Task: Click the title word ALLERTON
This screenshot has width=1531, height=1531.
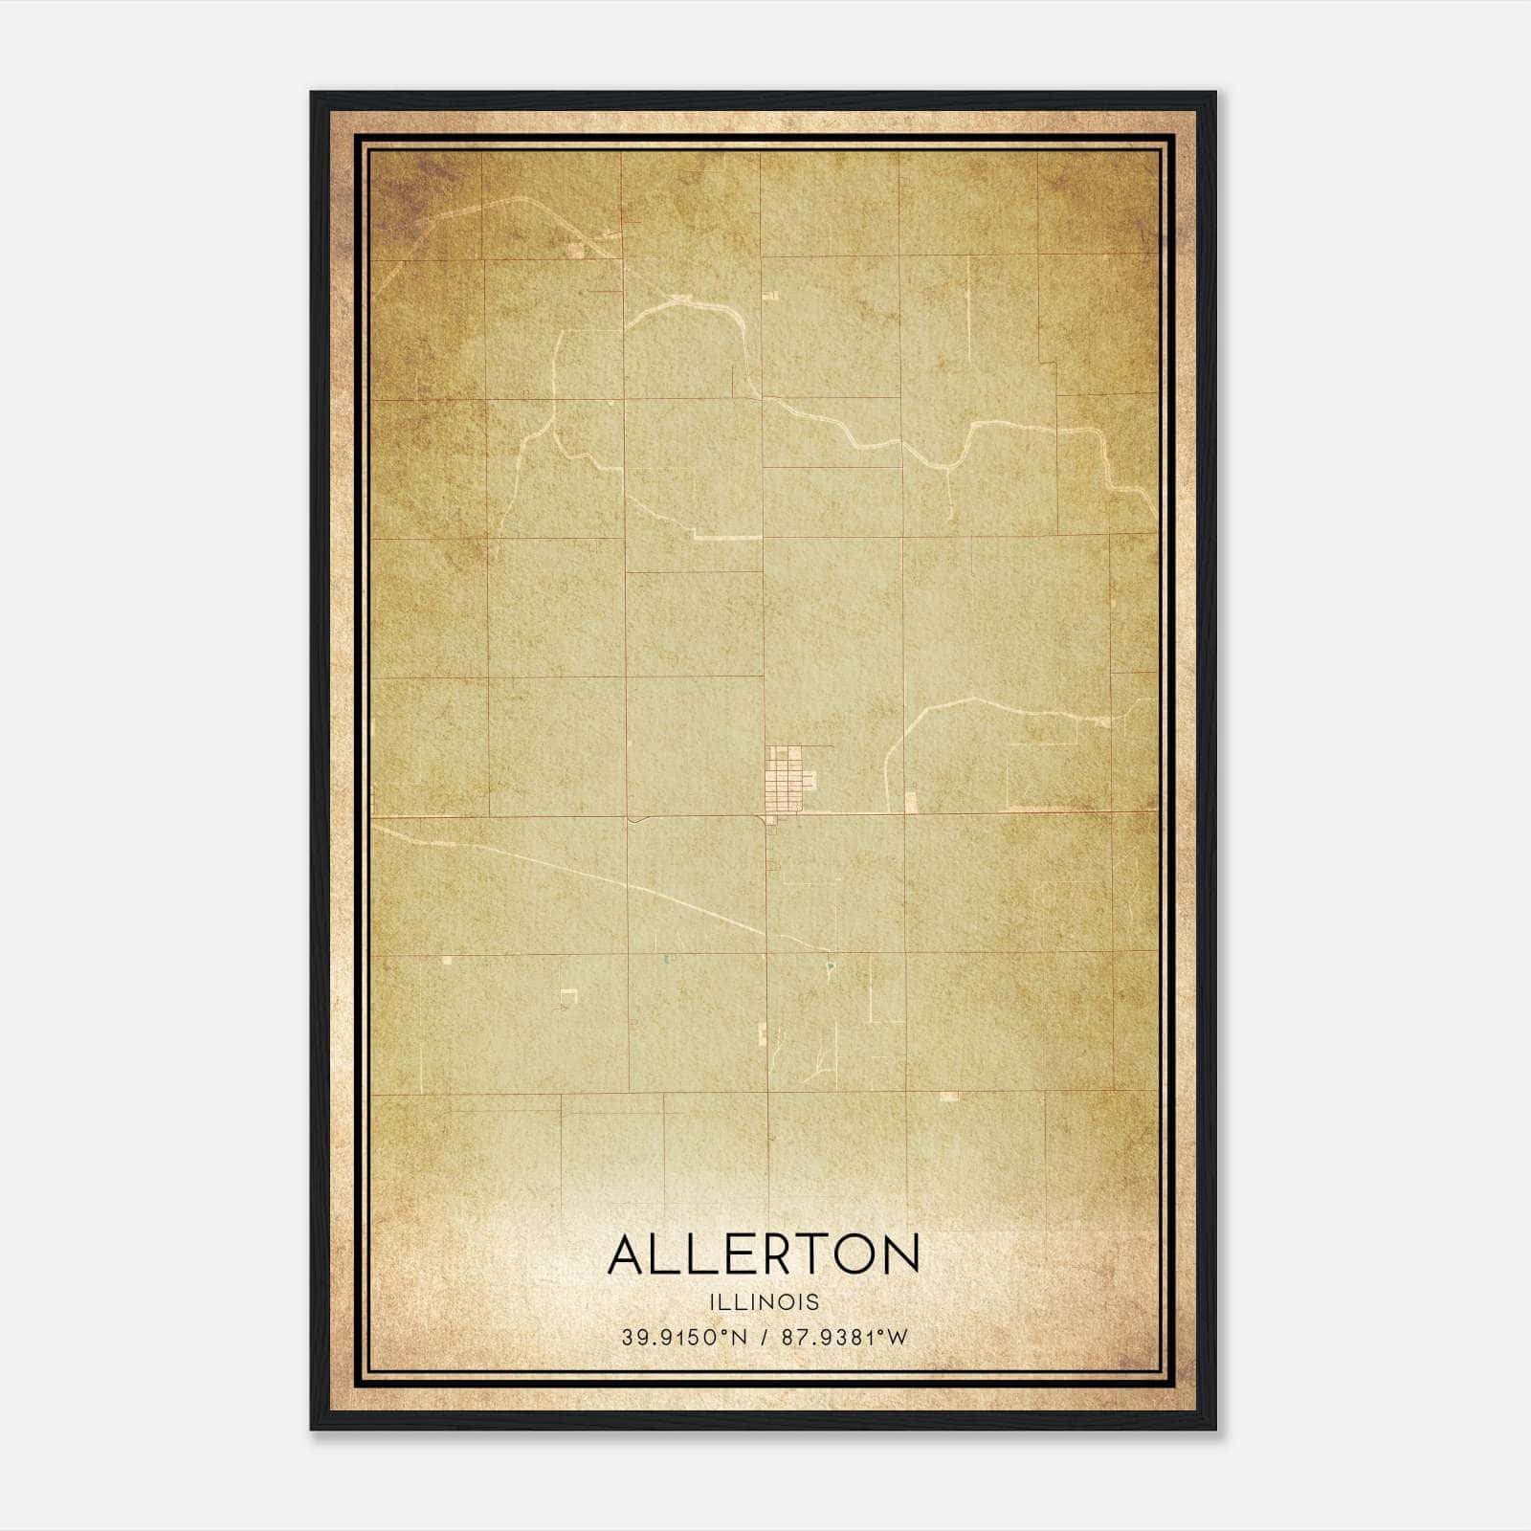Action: pyautogui.click(x=764, y=1254)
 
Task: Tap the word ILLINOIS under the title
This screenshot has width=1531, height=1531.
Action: pyautogui.click(x=764, y=1302)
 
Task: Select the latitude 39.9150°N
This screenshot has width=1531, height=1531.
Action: pyautogui.click(x=683, y=1338)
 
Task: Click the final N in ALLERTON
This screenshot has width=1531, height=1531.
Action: pyautogui.click(x=900, y=1254)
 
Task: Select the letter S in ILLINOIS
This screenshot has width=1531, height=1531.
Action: pyautogui.click(x=813, y=1302)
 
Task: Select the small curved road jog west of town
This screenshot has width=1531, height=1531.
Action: pyautogui.click(x=635, y=819)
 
